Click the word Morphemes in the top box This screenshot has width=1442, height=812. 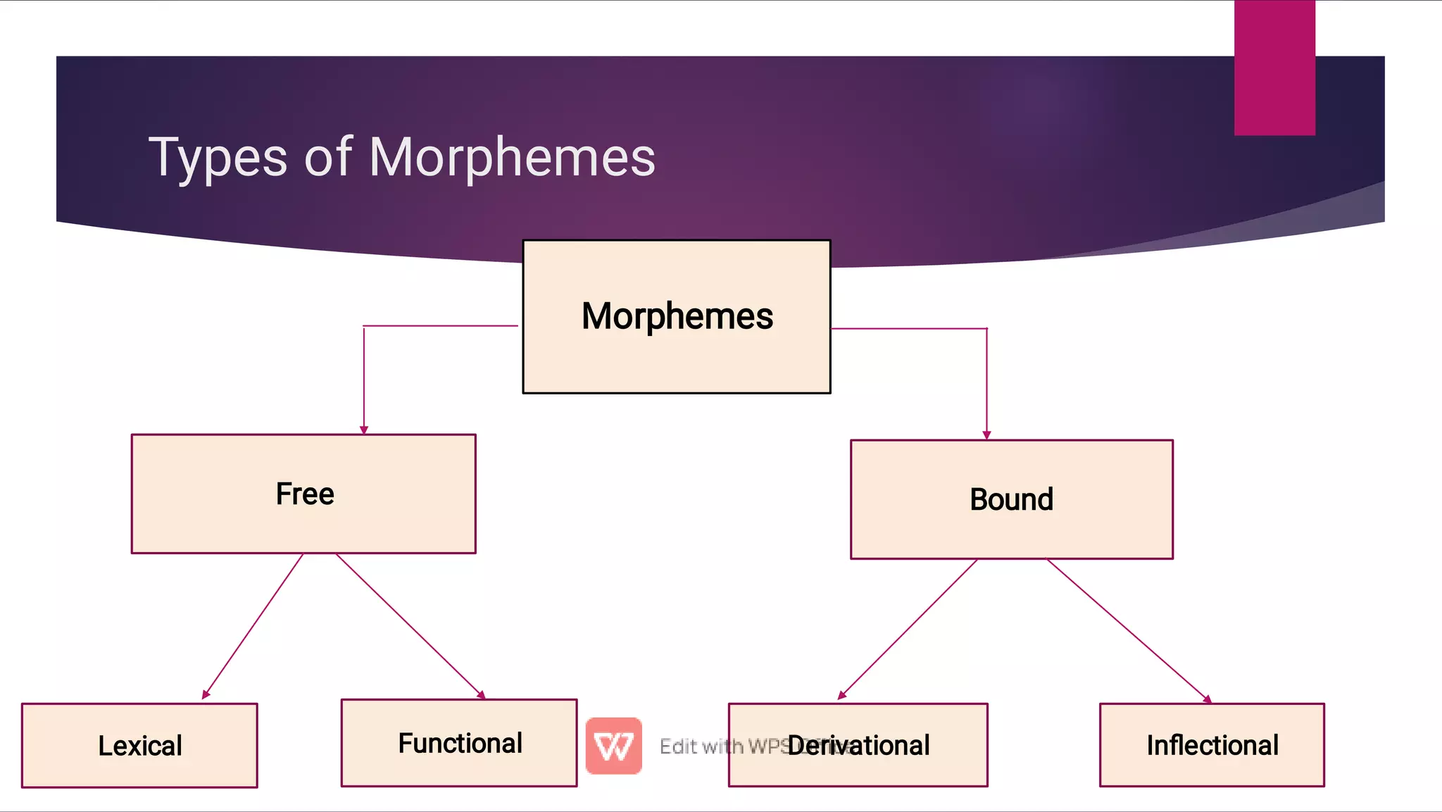(677, 316)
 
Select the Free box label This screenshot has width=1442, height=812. (305, 494)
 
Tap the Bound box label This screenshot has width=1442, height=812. (1011, 499)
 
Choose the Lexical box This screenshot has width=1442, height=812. (139, 745)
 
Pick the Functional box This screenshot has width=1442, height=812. (459, 743)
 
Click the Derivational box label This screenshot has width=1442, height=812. (858, 745)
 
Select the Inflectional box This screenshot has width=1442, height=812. (1212, 745)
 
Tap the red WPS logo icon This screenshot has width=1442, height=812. (613, 746)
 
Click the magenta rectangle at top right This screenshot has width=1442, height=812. (1274, 68)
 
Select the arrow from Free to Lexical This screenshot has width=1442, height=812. (253, 625)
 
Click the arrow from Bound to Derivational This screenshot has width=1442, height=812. (908, 629)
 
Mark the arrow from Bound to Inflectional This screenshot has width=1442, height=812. (1127, 630)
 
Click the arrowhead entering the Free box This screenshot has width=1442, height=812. (364, 430)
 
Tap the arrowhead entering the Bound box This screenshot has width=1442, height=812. (986, 435)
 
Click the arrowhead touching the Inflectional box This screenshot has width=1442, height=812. (1207, 699)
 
